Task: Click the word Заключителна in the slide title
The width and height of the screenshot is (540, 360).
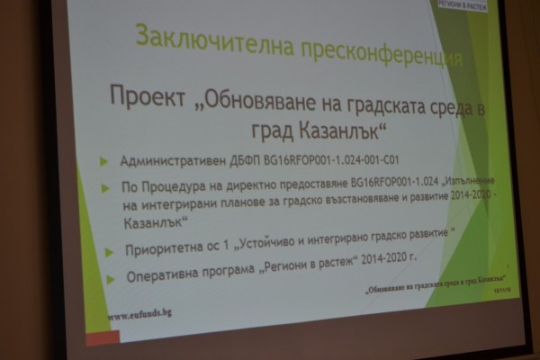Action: pos(193,38)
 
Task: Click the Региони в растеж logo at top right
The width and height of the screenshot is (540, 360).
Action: pos(462,5)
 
